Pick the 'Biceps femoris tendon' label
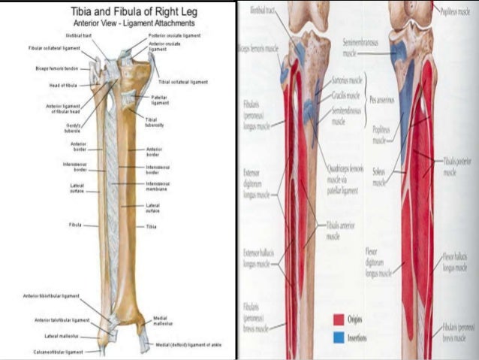tap(56, 69)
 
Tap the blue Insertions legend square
tap(337, 338)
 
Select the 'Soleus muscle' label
tap(379, 177)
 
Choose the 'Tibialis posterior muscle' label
tap(450, 167)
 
